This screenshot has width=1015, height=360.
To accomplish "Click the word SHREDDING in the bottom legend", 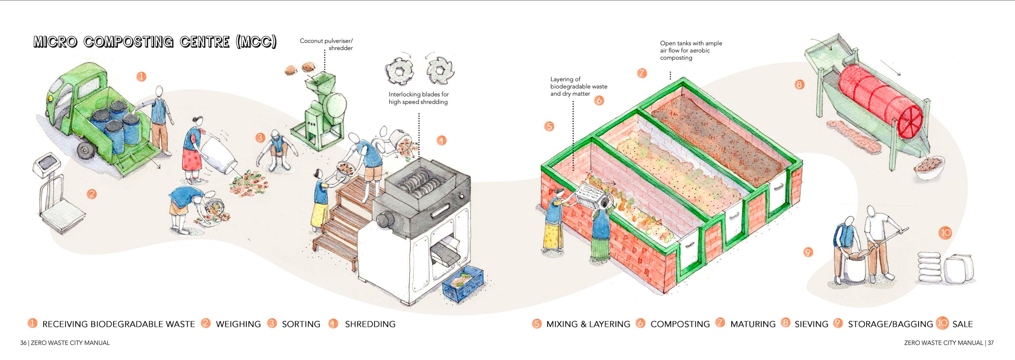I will click(370, 324).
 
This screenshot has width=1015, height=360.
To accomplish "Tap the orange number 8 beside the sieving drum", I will click(799, 84).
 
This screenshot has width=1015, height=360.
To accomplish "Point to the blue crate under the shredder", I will click(463, 284).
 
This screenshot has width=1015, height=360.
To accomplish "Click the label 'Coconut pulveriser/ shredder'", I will click(326, 45).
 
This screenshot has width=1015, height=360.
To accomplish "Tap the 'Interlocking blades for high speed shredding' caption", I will click(418, 98).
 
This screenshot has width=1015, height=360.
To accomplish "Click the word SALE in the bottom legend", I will click(962, 324).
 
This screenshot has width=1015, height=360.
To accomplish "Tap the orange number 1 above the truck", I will click(141, 76).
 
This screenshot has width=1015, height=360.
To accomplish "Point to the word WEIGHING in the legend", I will click(238, 324).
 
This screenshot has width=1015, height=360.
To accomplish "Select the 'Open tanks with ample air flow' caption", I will click(691, 50).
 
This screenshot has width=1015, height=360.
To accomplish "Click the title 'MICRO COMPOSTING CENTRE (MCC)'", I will click(155, 42).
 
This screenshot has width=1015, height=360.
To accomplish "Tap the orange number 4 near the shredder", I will click(441, 141).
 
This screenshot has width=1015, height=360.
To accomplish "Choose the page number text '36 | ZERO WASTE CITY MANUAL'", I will click(65, 343).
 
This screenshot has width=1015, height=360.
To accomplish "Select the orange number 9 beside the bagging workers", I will click(808, 252).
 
